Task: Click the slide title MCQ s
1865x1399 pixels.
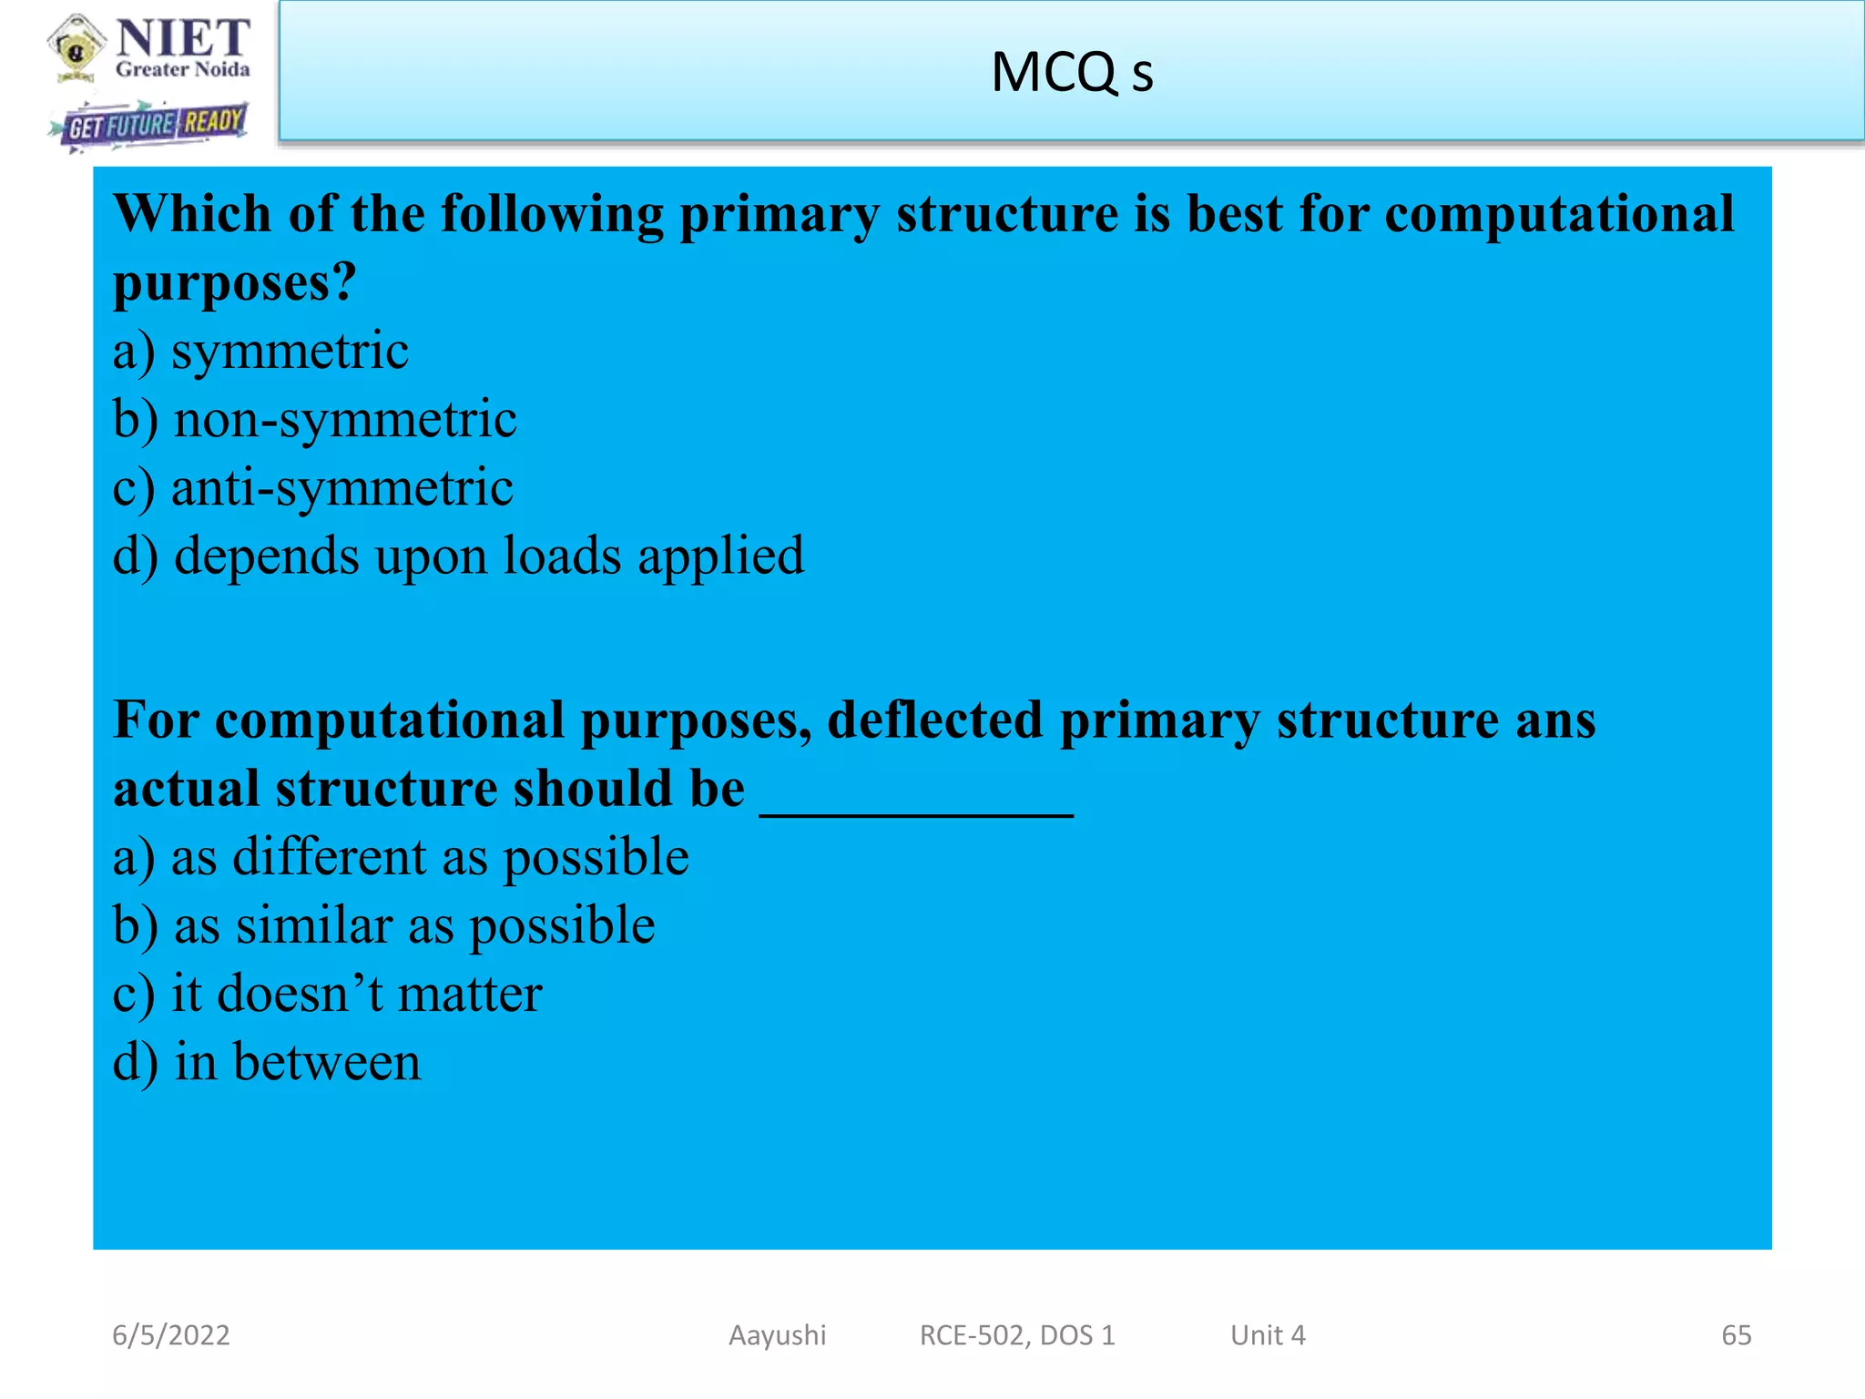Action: pos(1072,73)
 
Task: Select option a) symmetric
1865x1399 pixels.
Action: pos(260,352)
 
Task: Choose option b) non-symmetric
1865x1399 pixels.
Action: pos(314,420)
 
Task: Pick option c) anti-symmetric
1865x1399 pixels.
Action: pos(312,488)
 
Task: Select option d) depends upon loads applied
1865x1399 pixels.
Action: pos(458,557)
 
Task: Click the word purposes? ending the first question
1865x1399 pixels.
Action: pos(234,282)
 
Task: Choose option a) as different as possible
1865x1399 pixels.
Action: pos(401,857)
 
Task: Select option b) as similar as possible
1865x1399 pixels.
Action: pos(383,925)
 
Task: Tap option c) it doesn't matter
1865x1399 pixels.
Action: pos(327,994)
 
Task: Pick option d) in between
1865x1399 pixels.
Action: pos(267,1062)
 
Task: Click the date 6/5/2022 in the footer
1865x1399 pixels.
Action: pos(171,1335)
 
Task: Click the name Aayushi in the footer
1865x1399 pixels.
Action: pos(777,1335)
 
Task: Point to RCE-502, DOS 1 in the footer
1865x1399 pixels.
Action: pos(1017,1335)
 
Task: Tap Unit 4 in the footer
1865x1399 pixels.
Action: pos(1268,1335)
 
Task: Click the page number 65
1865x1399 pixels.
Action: pos(1736,1335)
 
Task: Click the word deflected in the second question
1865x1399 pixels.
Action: pos(933,720)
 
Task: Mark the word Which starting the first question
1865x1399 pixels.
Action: pos(192,214)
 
